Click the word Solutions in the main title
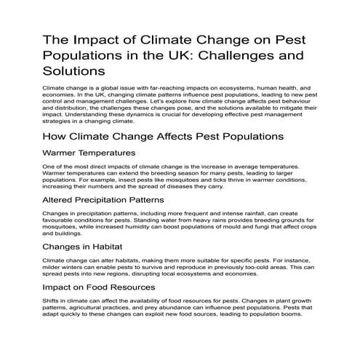pos(75,71)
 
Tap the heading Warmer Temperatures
pos(89,153)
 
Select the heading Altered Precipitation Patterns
pos(104,199)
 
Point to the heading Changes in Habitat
pos(82,245)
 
